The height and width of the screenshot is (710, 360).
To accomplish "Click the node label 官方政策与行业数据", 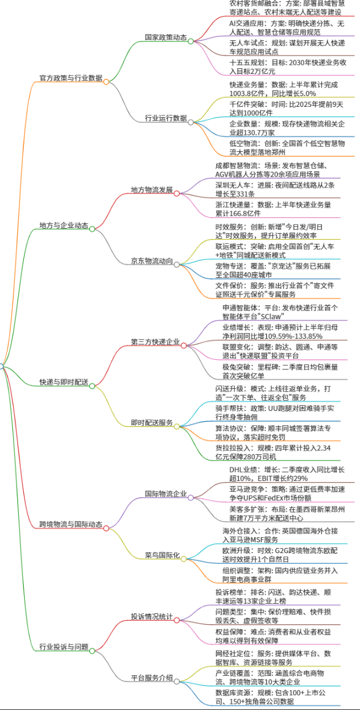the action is [x=71, y=78].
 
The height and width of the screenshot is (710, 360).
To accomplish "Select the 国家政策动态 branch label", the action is [x=166, y=37].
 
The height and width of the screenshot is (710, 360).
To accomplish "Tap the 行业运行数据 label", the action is [x=166, y=118].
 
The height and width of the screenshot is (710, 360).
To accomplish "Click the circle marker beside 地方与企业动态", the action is [x=92, y=229].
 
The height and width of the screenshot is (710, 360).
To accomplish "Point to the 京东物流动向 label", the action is [x=152, y=261].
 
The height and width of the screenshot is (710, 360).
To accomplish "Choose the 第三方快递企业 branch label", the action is [x=155, y=342].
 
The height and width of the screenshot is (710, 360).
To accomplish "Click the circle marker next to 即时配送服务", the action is [x=177, y=427].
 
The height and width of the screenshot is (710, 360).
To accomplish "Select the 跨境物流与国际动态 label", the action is [x=71, y=524].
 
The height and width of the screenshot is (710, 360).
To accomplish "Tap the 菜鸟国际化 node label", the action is [x=163, y=555].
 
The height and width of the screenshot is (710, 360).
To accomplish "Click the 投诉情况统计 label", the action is [x=152, y=617].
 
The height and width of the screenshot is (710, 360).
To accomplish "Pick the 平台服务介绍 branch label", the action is [x=152, y=678].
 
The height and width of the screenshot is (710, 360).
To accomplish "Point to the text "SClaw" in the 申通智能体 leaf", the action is [x=271, y=317].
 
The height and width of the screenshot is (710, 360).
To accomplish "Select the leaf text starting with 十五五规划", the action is [x=288, y=67].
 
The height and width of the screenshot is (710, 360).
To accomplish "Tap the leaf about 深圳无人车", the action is [x=275, y=189].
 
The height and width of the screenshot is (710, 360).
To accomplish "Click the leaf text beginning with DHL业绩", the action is [x=287, y=474].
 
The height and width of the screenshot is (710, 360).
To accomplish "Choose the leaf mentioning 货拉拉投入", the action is [x=273, y=452].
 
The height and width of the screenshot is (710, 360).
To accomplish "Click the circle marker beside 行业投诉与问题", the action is [x=92, y=651].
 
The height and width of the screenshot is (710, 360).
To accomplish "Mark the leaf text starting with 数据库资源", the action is [x=271, y=697].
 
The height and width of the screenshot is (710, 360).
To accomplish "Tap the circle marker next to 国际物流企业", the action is [x=191, y=497].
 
